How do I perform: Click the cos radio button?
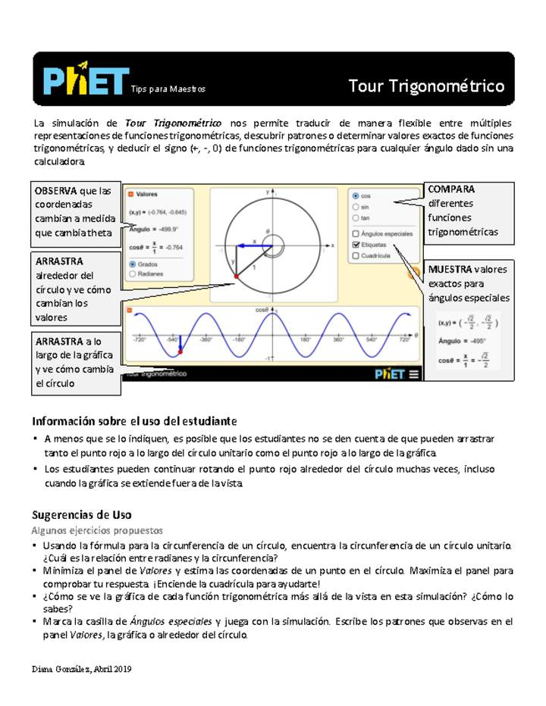356,195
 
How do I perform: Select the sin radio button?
356,206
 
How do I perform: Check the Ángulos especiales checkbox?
356,234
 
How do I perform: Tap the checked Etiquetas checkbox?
356,245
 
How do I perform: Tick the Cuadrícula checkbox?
356,256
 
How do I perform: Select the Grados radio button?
133,264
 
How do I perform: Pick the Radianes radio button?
133,274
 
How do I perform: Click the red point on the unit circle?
237,277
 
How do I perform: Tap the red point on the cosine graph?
180,351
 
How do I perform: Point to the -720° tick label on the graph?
140,341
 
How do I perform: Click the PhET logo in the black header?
85,80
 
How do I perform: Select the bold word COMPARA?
452,189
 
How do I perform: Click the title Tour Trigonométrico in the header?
426,86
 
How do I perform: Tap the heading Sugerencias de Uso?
82,515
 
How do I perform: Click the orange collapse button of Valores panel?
130,194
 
